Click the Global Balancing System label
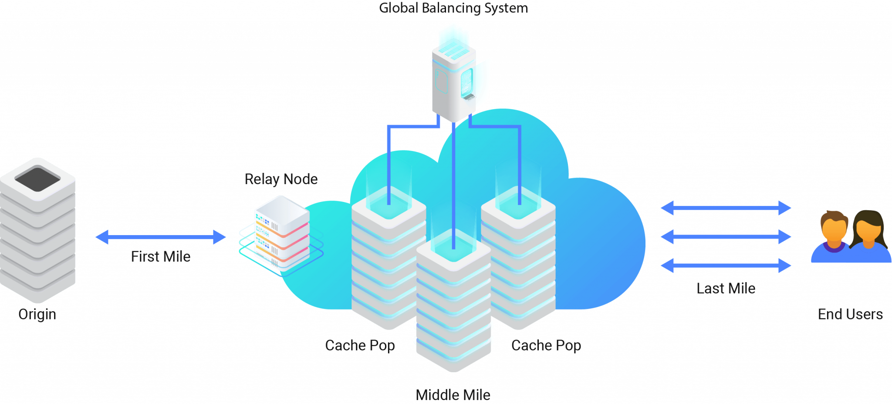click(x=453, y=8)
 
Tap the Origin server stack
click(x=38, y=235)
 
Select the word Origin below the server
click(x=37, y=314)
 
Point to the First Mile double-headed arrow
click(x=160, y=237)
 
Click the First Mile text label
click(x=161, y=256)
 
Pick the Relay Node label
click(x=281, y=179)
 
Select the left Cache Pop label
click(x=360, y=345)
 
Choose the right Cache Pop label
click(x=546, y=345)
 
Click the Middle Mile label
click(x=453, y=395)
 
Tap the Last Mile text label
click(x=726, y=288)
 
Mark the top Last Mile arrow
click(x=726, y=208)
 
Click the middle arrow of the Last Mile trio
click(x=726, y=237)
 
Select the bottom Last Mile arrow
click(x=726, y=266)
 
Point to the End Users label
click(x=850, y=314)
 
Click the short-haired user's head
click(x=834, y=226)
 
